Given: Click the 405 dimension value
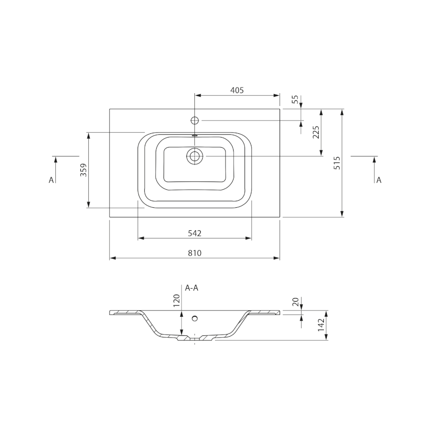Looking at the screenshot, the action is pyautogui.click(x=237, y=90).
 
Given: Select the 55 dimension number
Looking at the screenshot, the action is pyautogui.click(x=295, y=99).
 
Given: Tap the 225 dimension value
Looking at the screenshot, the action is pyautogui.click(x=316, y=132).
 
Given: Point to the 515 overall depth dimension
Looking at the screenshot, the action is pyautogui.click(x=337, y=163).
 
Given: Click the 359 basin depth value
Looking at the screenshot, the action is pyautogui.click(x=83, y=170).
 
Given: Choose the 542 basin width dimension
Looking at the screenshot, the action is pyautogui.click(x=195, y=233).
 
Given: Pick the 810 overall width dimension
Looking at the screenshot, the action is pyautogui.click(x=195, y=253).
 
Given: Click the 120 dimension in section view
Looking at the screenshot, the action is pyautogui.click(x=176, y=301).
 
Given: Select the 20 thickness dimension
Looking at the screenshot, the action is pyautogui.click(x=295, y=302).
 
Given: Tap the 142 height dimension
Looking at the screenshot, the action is pyautogui.click(x=321, y=325).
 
